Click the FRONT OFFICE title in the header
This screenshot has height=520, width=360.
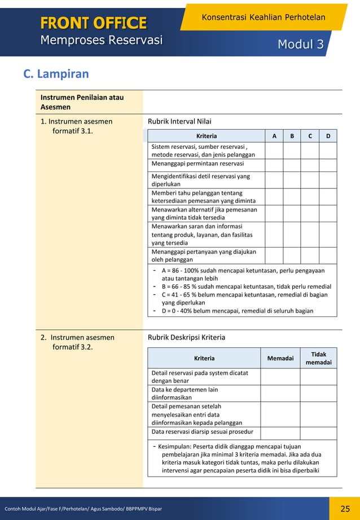coord(93,23)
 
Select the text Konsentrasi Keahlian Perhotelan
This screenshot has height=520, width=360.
coord(263,17)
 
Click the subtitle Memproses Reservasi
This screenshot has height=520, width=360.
coord(101,41)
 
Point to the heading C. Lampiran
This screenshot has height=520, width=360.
coord(56,74)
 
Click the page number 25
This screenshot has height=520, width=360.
coord(345,509)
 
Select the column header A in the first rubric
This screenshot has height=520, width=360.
coord(274,136)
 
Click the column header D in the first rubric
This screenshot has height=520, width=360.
coord(328,136)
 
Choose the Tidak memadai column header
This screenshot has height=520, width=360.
coord(318,358)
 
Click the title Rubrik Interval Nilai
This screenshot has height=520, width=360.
coord(179,121)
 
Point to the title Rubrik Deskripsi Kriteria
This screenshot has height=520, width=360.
coord(186,337)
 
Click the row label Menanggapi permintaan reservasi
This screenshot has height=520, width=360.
coord(197,164)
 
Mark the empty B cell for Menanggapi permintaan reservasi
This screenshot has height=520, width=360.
coord(292,165)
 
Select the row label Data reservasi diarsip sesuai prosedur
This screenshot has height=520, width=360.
coord(202,432)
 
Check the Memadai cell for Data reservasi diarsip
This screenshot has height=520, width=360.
coord(280,433)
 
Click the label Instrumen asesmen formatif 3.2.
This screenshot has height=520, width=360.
coord(77,342)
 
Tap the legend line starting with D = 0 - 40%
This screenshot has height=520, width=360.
coord(237,311)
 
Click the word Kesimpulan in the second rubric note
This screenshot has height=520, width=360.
coord(176,447)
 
